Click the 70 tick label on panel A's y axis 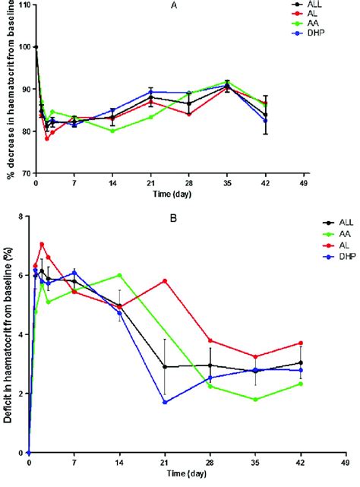coord(21,173)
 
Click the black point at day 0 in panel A coord(36,47)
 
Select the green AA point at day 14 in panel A coord(112,131)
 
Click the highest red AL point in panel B coord(42,244)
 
